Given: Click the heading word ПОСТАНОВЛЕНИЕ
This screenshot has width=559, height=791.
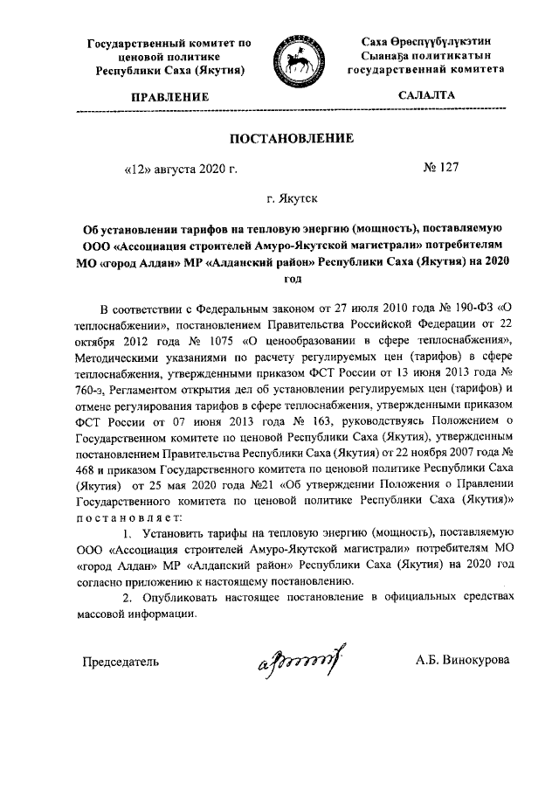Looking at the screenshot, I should click(292, 139).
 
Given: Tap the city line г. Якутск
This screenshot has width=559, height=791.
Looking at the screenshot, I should click(292, 198).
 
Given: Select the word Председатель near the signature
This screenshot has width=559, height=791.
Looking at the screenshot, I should click(121, 661).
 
